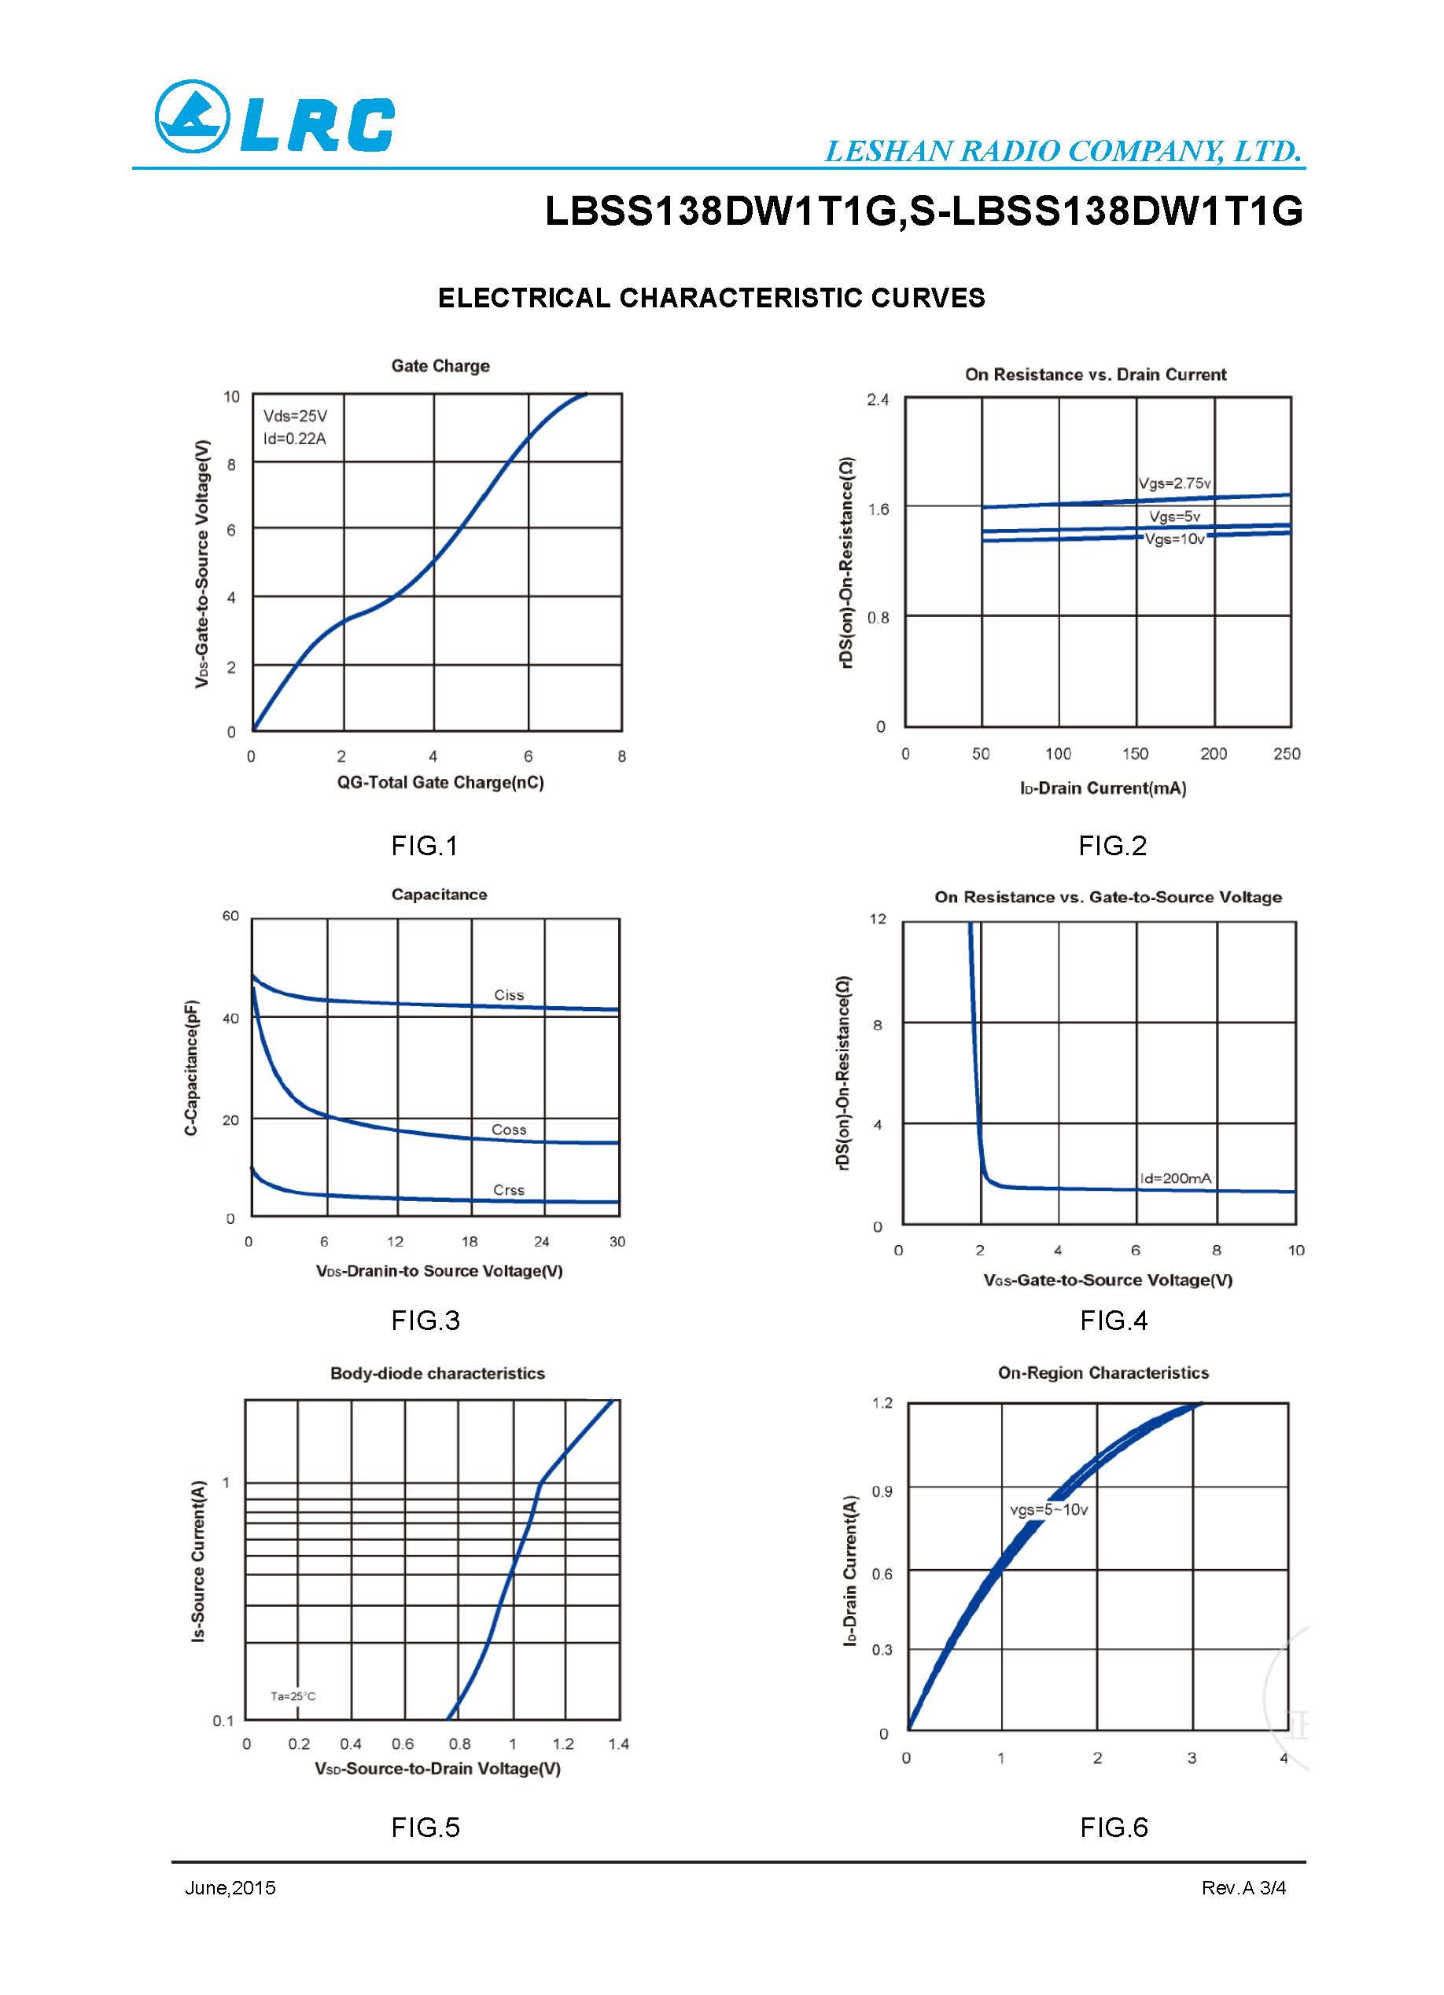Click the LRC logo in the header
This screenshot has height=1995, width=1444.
274,117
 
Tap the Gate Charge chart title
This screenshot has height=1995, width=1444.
440,366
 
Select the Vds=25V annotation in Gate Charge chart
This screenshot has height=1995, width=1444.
295,416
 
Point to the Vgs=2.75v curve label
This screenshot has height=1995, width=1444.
1174,483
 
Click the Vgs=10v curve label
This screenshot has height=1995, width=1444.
1174,539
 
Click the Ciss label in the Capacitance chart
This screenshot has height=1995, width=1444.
509,995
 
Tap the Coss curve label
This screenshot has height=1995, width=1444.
509,1130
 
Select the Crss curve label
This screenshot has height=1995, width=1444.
509,1190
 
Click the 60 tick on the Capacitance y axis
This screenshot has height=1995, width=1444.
230,917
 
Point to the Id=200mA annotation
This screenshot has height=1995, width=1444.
1175,1178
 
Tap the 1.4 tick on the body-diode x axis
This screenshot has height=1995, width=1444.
617,1743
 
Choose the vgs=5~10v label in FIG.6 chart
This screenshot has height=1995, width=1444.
1048,1509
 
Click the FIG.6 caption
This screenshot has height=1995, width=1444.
1113,1827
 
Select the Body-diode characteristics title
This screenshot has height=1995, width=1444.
437,1373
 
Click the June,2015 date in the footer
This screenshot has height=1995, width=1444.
230,1887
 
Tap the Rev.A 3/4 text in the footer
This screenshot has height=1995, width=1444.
1243,1887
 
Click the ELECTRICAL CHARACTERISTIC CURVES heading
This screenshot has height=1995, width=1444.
711,298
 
